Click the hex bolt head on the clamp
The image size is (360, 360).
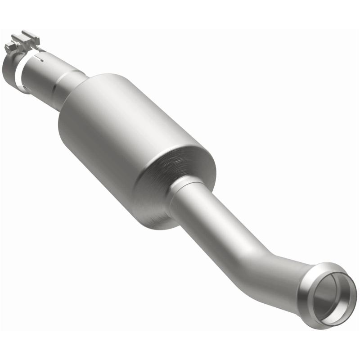[9, 47]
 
